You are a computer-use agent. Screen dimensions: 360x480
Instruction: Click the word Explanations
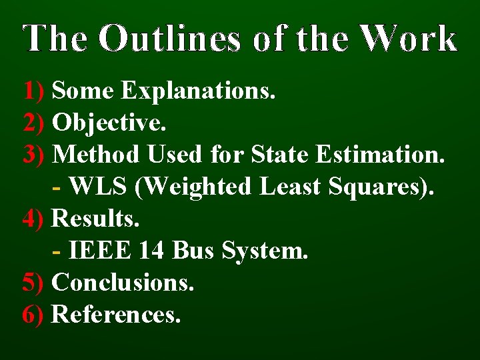click(x=198, y=90)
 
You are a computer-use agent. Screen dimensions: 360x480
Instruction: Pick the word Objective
click(x=109, y=122)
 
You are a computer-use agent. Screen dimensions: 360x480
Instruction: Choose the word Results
click(x=96, y=218)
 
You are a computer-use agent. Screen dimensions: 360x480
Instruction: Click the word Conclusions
click(x=123, y=282)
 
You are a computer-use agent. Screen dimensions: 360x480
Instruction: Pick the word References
click(x=116, y=314)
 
